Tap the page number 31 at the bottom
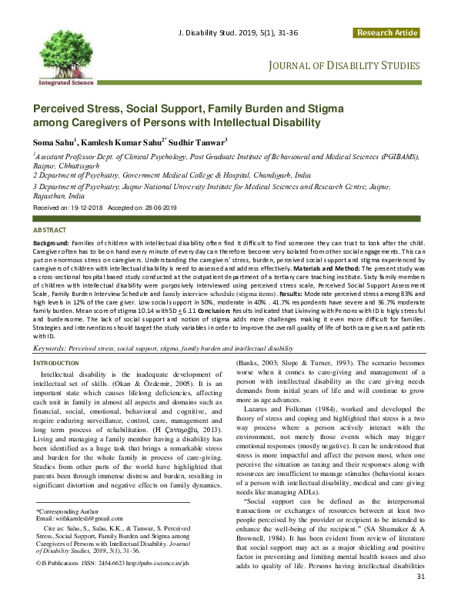[420, 598]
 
